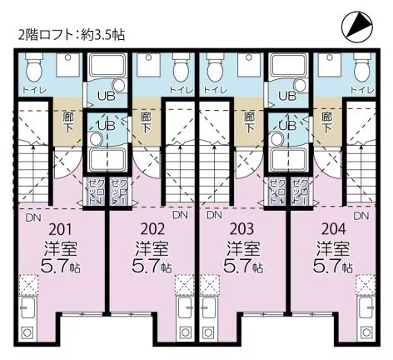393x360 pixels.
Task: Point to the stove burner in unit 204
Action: click(x=365, y=332)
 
